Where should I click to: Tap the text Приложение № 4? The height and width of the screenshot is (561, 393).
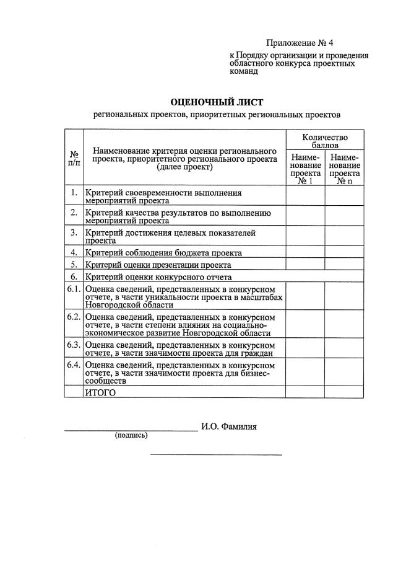click(x=300, y=43)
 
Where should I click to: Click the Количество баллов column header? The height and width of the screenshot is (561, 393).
click(x=325, y=141)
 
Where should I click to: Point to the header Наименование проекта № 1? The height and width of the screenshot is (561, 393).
click(x=305, y=169)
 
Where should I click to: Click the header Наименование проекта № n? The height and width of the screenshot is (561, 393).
click(x=345, y=169)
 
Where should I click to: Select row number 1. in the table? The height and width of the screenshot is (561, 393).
click(x=74, y=193)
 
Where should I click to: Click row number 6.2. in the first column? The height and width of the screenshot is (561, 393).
click(x=74, y=317)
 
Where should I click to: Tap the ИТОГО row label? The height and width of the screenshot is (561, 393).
click(x=100, y=392)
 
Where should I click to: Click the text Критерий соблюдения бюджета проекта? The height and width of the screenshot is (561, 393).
click(x=164, y=252)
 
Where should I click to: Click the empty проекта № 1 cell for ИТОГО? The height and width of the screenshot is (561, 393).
click(x=305, y=392)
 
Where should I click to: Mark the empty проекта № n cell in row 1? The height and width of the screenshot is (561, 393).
click(x=345, y=196)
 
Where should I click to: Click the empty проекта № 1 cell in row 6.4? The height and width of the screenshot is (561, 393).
click(x=305, y=373)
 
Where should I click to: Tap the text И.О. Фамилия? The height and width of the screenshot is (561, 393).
click(x=228, y=426)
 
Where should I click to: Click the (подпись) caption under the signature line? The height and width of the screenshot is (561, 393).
click(x=131, y=435)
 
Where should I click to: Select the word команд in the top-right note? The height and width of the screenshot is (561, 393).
click(x=244, y=71)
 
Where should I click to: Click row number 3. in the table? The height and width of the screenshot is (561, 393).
click(x=74, y=232)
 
